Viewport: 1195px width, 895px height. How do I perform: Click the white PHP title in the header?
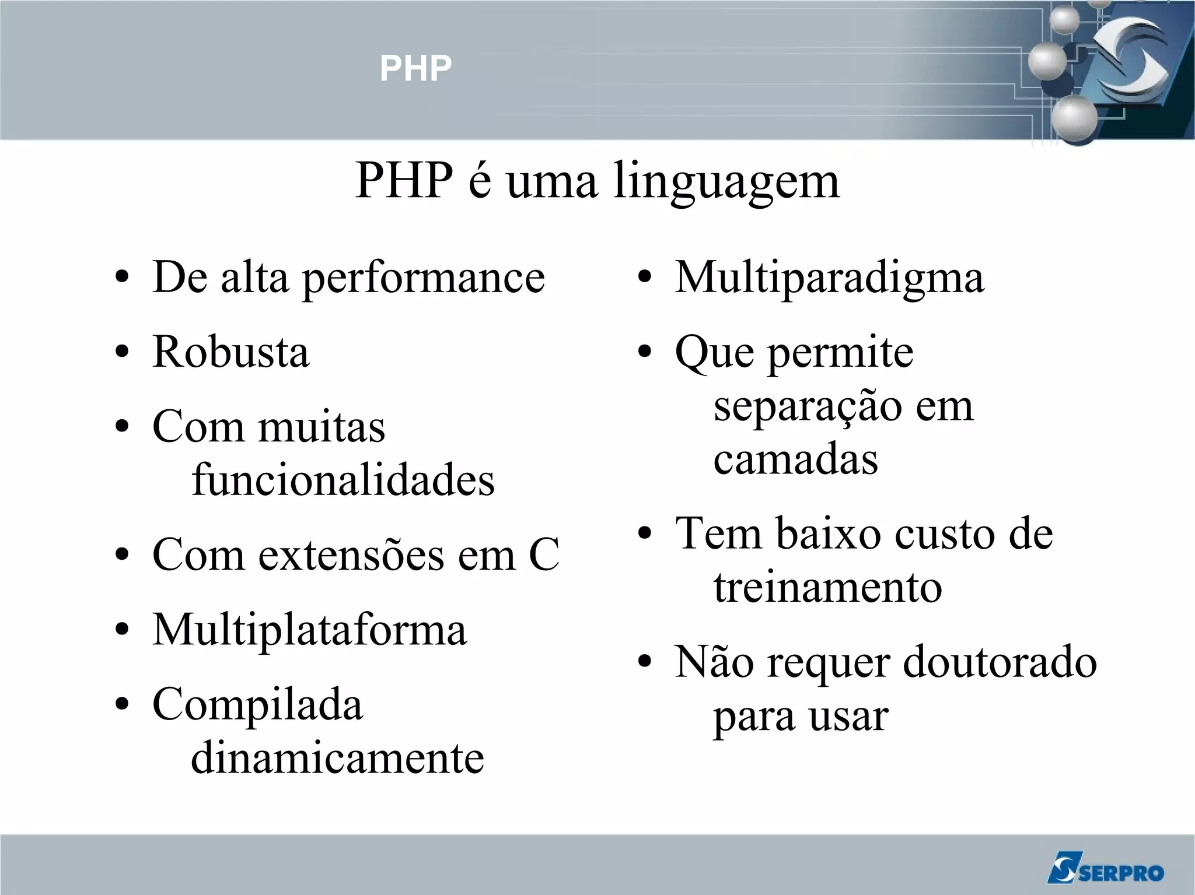click(x=415, y=68)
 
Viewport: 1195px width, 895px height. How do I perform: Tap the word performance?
click(x=423, y=279)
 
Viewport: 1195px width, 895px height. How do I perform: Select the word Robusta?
click(x=230, y=352)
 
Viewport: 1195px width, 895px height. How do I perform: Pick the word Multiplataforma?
click(x=309, y=630)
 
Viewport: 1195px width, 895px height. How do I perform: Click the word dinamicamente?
click(x=337, y=758)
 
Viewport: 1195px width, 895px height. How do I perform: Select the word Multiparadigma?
click(x=829, y=278)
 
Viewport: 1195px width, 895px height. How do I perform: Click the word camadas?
click(x=795, y=459)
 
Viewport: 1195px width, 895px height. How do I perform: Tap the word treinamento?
click(x=827, y=587)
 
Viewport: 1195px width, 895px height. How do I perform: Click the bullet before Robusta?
click(x=122, y=352)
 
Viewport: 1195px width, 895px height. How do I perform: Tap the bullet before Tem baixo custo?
click(x=644, y=534)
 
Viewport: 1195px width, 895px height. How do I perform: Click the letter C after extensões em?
click(x=544, y=554)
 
